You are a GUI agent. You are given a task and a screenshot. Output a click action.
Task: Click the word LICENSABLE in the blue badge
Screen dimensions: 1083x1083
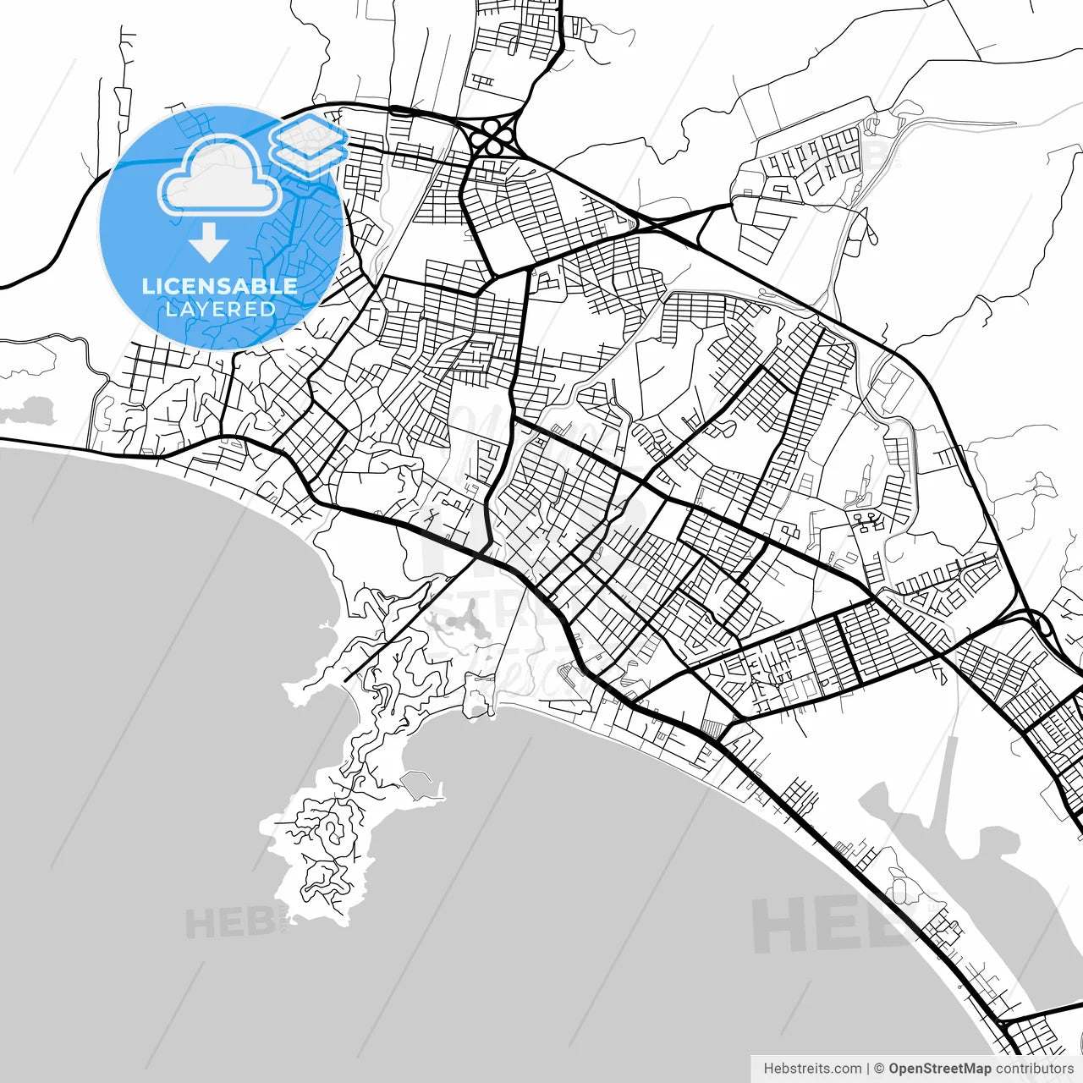coord(219,286)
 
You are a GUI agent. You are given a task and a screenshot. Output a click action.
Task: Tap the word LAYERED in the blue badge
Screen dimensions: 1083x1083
coord(220,309)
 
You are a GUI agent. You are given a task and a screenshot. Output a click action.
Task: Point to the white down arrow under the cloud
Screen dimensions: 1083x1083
coord(208,244)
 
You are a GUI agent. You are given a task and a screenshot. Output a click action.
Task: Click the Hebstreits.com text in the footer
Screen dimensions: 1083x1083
coord(812,1069)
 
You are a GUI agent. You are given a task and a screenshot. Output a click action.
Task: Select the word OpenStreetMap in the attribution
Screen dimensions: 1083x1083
coord(939,1069)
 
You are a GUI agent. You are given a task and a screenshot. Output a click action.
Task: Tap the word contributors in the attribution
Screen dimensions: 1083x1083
coord(1034,1069)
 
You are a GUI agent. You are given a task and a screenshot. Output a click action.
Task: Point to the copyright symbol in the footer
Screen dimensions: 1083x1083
coord(879,1069)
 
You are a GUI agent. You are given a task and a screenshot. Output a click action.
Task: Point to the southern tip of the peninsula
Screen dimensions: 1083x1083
coord(326,914)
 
